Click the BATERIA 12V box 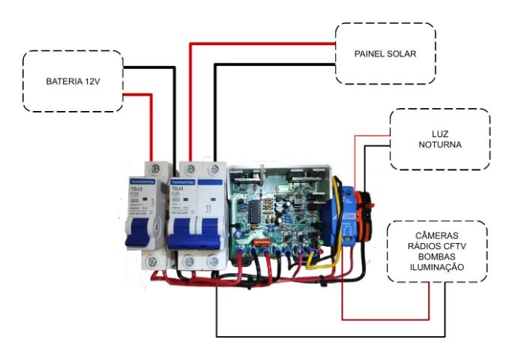73,81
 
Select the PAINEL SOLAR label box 385,54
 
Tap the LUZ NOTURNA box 440,139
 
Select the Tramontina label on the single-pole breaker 142,181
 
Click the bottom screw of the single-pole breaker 152,262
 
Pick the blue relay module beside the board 347,214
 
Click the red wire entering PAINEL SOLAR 262,43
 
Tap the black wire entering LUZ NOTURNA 375,147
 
